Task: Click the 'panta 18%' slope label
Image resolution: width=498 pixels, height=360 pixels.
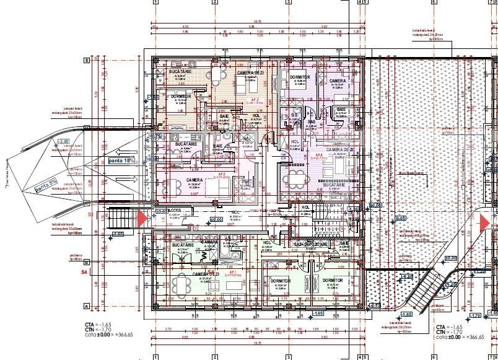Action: click(122, 160)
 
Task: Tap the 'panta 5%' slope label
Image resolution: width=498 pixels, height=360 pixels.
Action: click(46, 185)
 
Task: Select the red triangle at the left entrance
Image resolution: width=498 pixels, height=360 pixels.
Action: click(142, 218)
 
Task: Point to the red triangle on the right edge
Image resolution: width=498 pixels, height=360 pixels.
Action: click(484, 221)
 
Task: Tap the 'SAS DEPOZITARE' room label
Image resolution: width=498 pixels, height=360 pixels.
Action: click(311, 245)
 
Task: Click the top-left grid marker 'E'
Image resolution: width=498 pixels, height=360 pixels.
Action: click(87, 61)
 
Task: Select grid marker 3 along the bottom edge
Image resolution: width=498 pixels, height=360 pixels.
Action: click(289, 356)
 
